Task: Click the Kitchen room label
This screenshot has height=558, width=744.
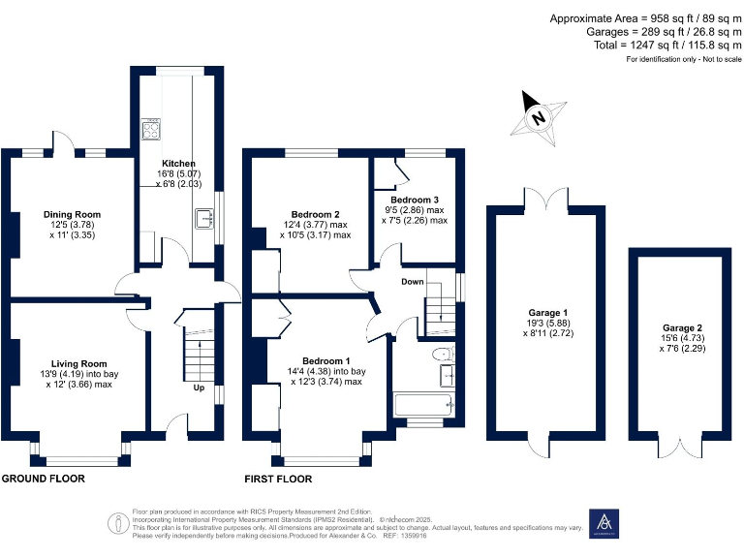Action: pyautogui.click(x=178, y=164)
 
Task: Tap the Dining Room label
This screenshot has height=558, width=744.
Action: pyautogui.click(x=72, y=214)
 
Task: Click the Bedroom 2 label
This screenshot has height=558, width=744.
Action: pyautogui.click(x=315, y=214)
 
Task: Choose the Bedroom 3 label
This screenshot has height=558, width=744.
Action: pyautogui.click(x=415, y=200)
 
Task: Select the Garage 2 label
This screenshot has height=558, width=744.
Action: pyautogui.click(x=684, y=327)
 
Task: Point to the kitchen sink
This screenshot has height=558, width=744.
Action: pyautogui.click(x=204, y=219)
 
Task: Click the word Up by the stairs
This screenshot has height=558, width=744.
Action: pyautogui.click(x=200, y=387)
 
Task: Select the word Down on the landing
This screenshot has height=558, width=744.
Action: pyautogui.click(x=413, y=282)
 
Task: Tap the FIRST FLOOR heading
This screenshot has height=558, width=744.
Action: pyautogui.click(x=278, y=480)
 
